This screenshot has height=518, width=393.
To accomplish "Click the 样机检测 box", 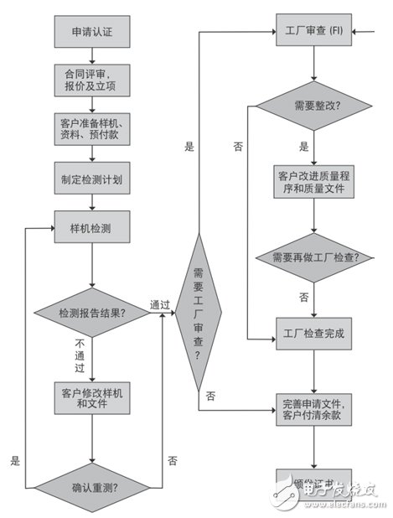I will tap(92, 226).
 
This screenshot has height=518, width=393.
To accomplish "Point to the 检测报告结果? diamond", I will tap(92, 313).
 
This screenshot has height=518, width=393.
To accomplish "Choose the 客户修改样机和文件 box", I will tap(92, 396).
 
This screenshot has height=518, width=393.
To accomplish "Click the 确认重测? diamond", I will tap(92, 484).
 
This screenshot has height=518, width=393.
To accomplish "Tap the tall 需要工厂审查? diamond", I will tap(199, 312).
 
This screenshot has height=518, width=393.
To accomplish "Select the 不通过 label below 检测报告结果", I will tap(80, 355).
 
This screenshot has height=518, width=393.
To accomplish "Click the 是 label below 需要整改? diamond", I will tap(303, 146).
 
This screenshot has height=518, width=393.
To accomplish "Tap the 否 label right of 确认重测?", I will tap(172, 460).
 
